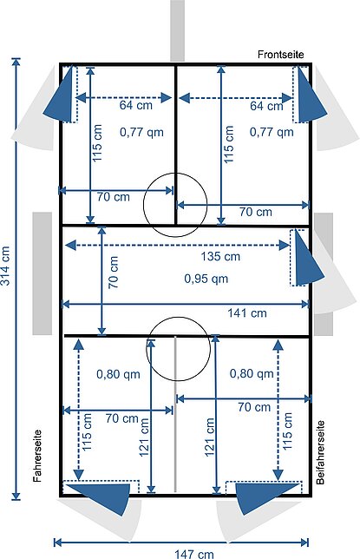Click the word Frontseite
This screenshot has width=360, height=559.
click(281, 55)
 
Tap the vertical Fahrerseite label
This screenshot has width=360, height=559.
click(37, 456)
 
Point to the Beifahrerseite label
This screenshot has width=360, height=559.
click(320, 452)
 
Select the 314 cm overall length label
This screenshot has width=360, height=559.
click(5, 266)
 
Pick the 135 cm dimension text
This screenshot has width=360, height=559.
click(220, 256)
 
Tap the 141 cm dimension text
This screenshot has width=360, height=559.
click(247, 313)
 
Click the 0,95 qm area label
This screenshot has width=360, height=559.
click(206, 279)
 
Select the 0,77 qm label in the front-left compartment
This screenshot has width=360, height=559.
click(141, 132)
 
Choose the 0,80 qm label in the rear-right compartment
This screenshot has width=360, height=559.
click(252, 373)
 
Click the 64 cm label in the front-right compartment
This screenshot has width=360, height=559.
click(266, 106)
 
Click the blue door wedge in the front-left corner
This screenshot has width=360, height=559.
click(62, 96)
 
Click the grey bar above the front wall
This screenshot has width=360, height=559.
click(177, 30)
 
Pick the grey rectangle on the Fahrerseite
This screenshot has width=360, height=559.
click(43, 273)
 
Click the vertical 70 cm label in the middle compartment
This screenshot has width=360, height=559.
click(114, 272)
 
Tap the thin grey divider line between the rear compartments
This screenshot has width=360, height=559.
click(175, 414)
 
